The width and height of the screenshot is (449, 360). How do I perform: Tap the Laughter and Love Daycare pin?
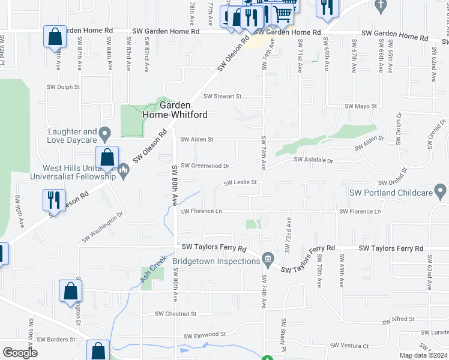tap(105, 133)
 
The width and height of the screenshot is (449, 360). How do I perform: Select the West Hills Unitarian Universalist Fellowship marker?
tap(124, 172)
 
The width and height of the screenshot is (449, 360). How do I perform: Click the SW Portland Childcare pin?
tap(441, 193)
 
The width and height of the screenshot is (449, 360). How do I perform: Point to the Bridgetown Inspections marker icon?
tap(268, 259)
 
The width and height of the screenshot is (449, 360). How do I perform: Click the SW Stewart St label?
tap(222, 96)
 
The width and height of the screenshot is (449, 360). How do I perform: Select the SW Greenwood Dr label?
tap(205, 166)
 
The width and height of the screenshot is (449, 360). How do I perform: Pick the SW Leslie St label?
tap(240, 182)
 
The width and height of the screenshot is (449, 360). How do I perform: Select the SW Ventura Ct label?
tap(349, 346)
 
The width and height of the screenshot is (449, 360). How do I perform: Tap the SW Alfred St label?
tap(395, 319)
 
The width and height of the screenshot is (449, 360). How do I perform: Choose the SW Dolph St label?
tap(62, 86)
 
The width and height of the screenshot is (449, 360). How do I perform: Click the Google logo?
tap(20, 353)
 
